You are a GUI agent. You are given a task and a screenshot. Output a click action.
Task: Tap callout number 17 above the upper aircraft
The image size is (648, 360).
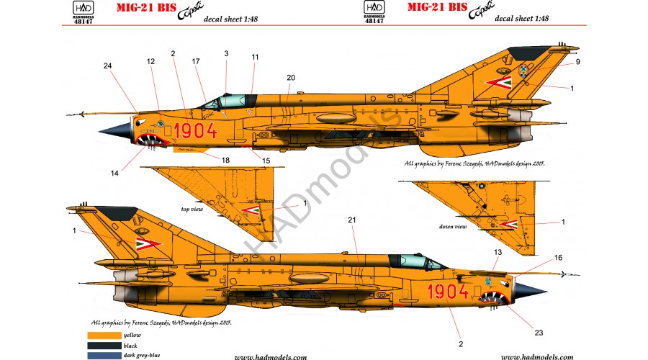(196, 62)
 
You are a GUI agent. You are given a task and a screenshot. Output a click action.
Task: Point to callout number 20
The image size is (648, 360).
(291, 77)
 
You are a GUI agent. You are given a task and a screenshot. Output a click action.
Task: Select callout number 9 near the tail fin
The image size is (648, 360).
(577, 62)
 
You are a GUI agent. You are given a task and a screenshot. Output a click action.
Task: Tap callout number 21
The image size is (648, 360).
(352, 220)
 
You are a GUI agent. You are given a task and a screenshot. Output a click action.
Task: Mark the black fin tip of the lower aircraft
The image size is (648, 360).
(115, 212)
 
